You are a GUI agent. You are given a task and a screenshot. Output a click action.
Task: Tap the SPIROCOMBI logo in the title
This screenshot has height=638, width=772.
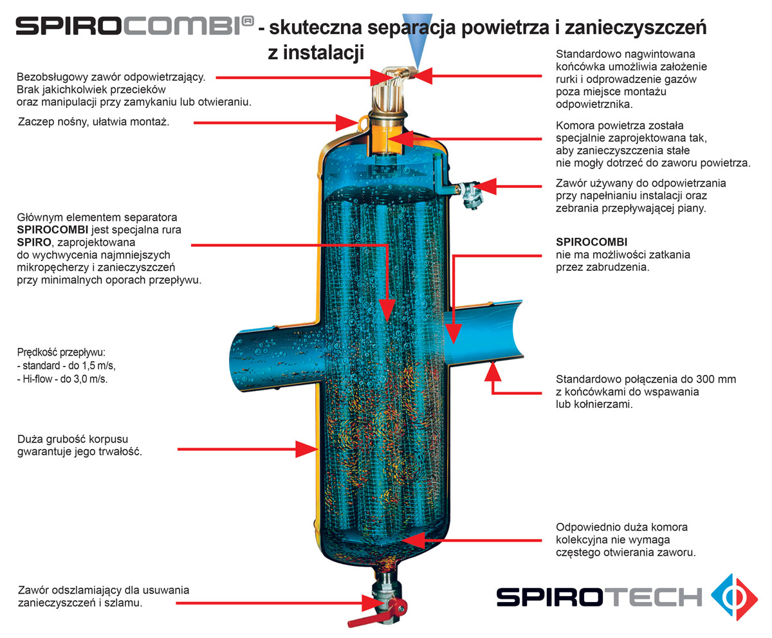[135, 26]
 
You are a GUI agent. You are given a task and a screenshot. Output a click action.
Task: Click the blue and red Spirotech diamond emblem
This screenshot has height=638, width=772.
[734, 597]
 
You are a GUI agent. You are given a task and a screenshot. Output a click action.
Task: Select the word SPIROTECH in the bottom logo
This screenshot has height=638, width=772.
[600, 597]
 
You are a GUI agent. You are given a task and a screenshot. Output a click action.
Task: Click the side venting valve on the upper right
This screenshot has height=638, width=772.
[470, 194]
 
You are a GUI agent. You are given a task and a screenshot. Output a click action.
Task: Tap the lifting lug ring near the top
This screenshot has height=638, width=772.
[363, 122]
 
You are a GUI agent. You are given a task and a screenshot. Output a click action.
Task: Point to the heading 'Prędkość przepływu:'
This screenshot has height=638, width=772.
[61, 352]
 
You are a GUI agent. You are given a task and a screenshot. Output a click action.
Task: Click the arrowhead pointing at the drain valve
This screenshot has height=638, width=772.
[370, 603]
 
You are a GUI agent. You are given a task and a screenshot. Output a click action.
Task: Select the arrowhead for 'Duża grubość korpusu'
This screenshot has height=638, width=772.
[307, 450]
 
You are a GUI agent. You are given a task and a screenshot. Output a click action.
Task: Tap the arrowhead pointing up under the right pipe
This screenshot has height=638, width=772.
[493, 372]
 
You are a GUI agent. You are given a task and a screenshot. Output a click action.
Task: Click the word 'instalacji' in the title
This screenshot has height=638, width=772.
[324, 53]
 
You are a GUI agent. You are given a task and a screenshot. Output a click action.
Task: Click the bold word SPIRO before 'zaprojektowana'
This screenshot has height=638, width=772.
[34, 242]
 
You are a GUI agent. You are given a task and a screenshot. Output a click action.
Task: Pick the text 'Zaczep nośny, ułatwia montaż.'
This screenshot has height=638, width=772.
[93, 122]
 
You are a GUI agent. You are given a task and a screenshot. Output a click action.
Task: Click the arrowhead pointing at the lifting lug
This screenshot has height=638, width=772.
[347, 123]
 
